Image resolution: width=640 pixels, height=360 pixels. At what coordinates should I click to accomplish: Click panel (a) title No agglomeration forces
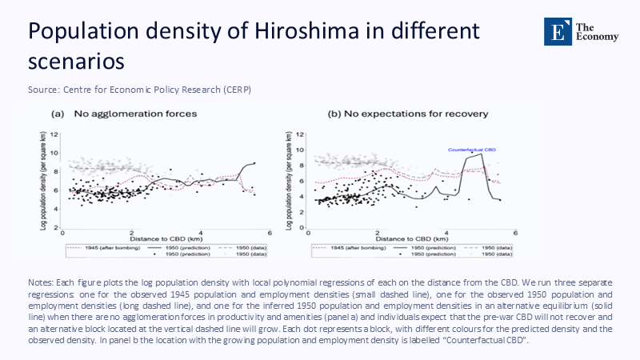(124, 114)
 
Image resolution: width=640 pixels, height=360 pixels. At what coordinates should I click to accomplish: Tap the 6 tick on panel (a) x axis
(270, 233)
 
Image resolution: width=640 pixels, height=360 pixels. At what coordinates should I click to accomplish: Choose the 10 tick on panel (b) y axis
(298, 150)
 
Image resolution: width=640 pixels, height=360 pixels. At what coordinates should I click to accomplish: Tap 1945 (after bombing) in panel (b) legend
(351, 248)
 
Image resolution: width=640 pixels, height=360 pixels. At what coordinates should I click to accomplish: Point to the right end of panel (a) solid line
(255, 162)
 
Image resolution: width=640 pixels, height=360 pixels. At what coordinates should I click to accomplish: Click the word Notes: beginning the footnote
(40, 284)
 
